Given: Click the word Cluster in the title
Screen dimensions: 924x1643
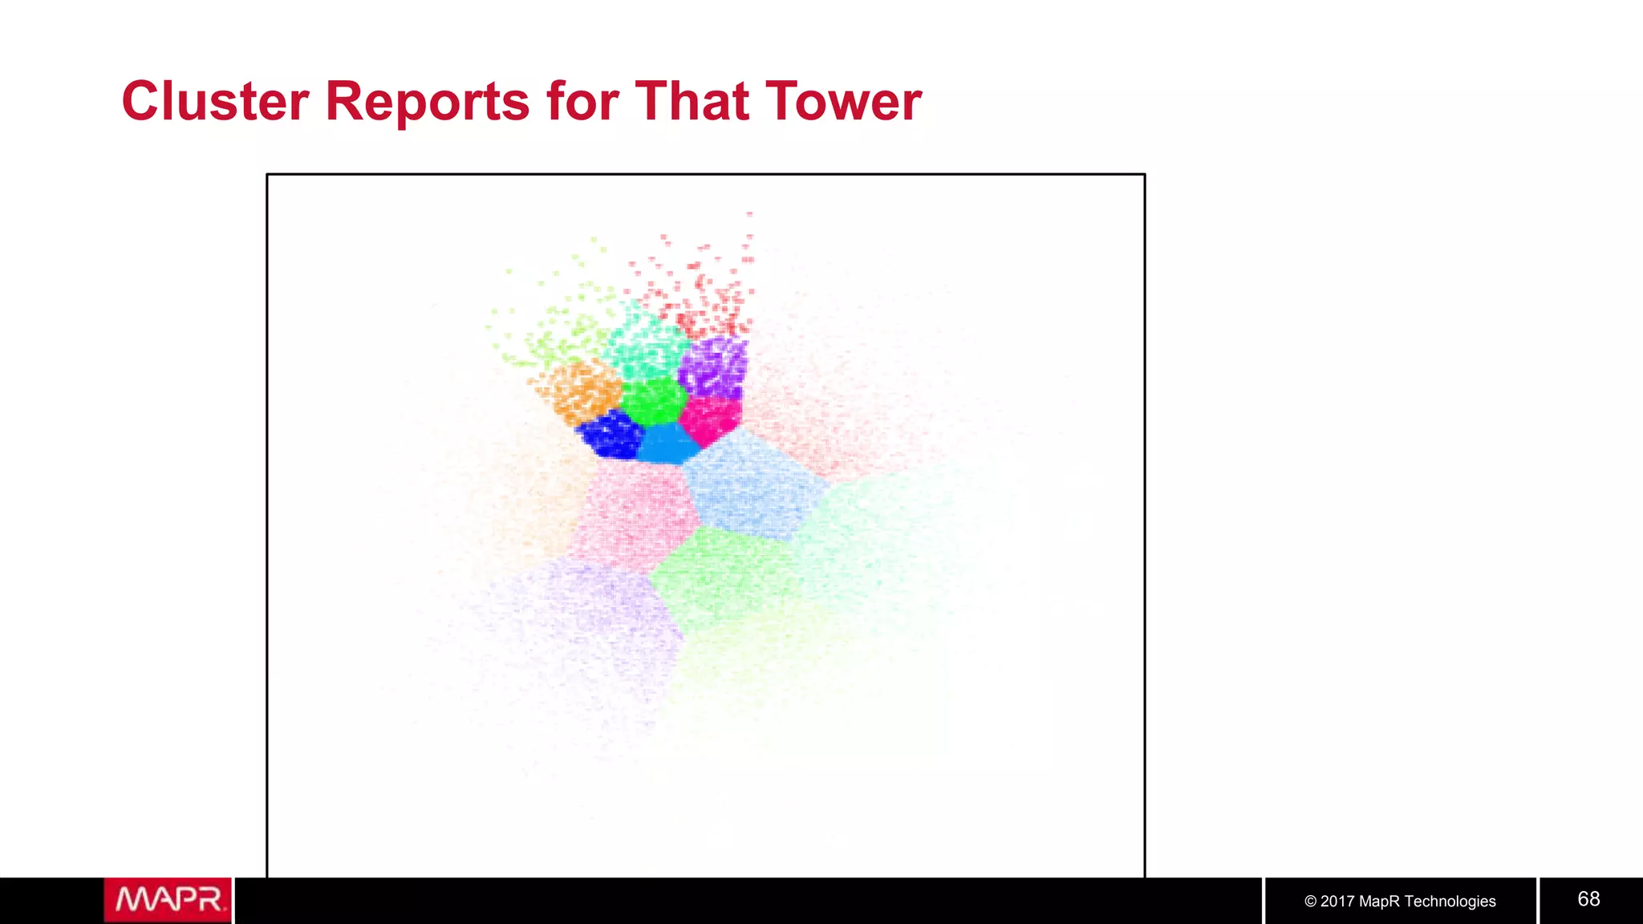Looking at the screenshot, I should tap(215, 102).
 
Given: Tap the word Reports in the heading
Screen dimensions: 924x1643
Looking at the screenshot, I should tap(427, 102).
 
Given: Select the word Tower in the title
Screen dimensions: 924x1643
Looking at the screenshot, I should tap(844, 102).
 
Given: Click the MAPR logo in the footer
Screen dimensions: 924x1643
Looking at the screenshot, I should tap(168, 900).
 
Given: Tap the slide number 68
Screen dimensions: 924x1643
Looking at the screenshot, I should tap(1588, 899).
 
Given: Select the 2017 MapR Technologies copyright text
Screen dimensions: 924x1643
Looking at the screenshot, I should tap(1400, 902).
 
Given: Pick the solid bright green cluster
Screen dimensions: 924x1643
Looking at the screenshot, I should tap(654, 400).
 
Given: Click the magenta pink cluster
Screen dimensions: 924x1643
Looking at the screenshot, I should tap(710, 419).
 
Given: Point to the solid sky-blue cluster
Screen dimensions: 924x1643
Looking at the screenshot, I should tap(667, 444).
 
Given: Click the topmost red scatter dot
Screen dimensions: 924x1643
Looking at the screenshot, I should tap(750, 214).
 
